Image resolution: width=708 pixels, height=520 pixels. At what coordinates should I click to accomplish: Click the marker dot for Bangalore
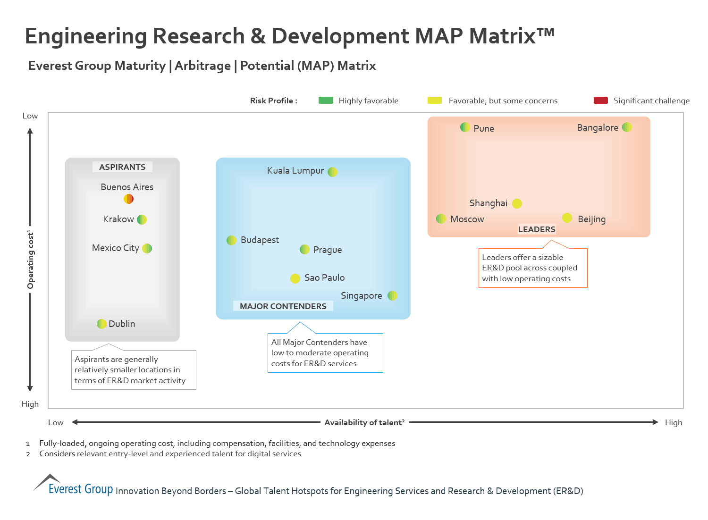627,127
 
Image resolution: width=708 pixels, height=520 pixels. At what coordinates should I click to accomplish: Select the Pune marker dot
465,127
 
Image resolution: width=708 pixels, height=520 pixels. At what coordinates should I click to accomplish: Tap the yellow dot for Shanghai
517,203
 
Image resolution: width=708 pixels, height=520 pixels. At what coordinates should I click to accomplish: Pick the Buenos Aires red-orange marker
128,199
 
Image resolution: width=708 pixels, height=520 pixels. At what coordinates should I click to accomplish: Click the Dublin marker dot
101,324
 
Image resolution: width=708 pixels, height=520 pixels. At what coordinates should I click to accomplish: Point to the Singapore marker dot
392,295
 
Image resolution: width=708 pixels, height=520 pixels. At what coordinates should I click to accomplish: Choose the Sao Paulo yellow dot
295,278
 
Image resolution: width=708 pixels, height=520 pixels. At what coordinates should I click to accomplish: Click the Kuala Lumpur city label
295,171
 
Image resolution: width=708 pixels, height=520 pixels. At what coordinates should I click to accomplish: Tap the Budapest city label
260,240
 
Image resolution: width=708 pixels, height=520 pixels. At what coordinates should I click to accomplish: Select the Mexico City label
116,248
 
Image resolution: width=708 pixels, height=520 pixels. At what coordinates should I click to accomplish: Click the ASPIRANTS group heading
122,167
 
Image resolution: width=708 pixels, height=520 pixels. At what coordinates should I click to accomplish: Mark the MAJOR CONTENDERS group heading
283,306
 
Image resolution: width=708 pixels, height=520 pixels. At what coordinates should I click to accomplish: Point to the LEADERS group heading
537,229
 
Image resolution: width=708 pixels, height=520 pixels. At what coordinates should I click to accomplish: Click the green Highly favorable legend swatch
326,100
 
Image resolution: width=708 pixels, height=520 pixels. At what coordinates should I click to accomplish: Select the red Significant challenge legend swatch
600,100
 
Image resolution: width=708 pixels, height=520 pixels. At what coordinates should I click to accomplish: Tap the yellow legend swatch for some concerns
434,100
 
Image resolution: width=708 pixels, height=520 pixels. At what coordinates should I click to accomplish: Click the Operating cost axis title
31,260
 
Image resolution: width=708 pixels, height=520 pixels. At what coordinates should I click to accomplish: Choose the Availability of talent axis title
364,422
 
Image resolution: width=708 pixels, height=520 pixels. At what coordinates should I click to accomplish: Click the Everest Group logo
73,486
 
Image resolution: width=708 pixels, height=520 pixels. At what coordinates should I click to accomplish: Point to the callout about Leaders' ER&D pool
533,268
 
